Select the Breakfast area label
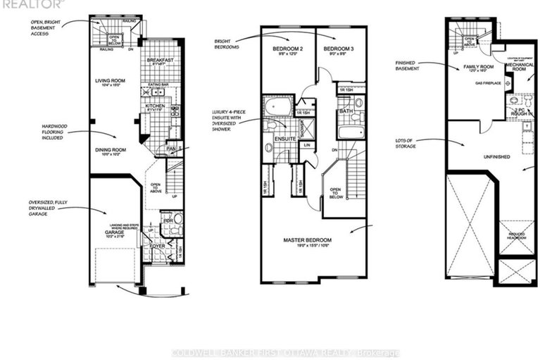(x=160, y=61)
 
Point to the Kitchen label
(x=155, y=107)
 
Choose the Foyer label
(x=157, y=247)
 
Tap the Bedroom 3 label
(x=337, y=49)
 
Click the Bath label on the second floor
(x=345, y=111)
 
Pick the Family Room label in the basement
(x=477, y=67)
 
